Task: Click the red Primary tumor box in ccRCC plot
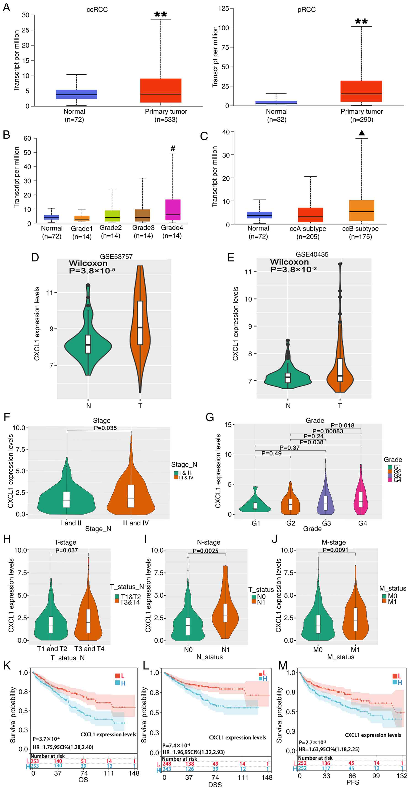161,90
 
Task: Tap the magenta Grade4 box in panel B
173,210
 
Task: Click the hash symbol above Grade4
173,148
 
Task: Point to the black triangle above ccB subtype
362,133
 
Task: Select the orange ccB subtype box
362,210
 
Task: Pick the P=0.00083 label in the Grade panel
328,431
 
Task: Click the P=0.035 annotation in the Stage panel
105,428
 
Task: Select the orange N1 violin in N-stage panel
225,613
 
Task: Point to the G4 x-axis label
362,523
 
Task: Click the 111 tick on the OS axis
108,773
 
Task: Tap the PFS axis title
353,782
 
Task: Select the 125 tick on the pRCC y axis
224,9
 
